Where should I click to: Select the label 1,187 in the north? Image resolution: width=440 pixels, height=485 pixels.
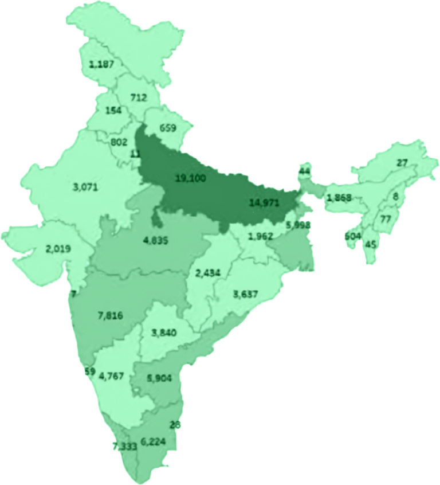[102, 64]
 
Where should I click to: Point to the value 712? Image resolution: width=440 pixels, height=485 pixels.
[139, 97]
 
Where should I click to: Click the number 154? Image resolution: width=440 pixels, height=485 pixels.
[114, 110]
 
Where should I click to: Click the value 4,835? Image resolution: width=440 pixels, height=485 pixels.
[155, 240]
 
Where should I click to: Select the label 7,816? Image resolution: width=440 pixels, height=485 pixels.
[111, 315]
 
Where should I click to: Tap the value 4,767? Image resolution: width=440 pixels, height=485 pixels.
[111, 376]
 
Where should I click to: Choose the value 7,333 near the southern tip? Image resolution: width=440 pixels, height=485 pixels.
[124, 445]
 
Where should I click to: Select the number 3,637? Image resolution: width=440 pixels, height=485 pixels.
[245, 294]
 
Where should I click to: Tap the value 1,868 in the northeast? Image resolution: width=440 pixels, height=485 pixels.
[339, 198]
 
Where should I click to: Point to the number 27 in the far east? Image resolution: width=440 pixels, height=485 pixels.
[402, 163]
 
